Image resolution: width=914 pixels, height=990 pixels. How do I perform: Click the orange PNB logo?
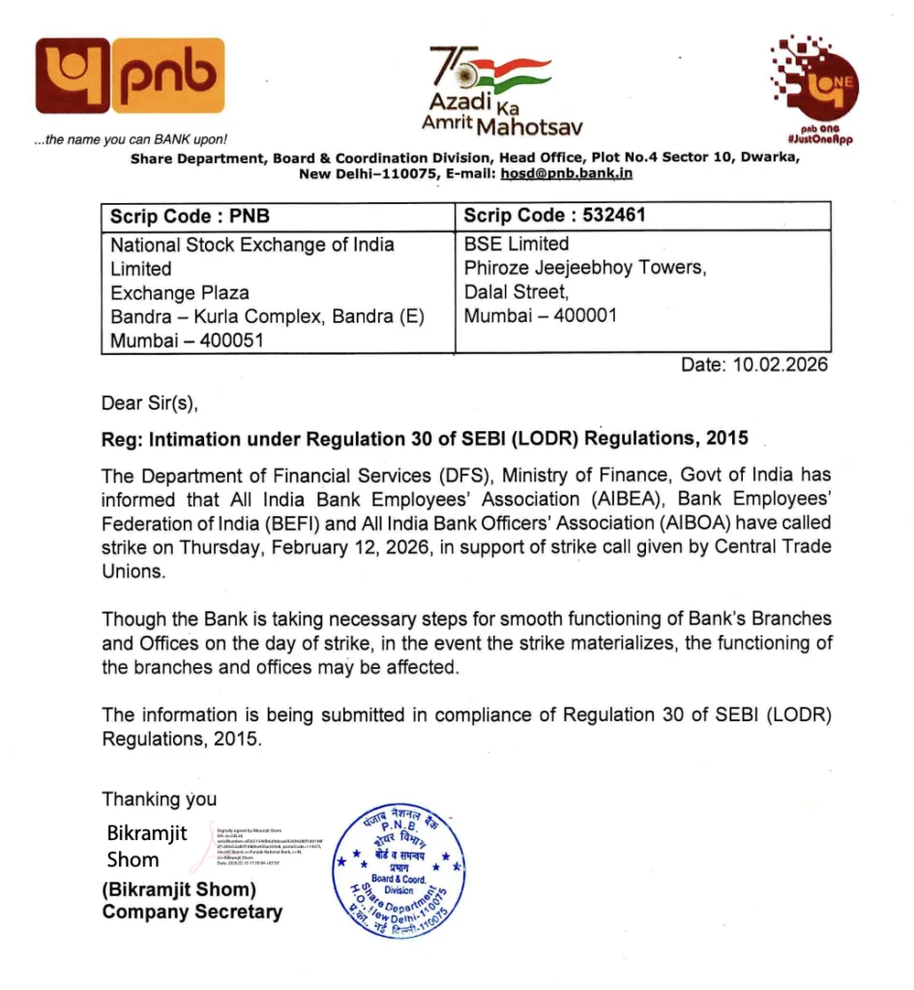(130, 76)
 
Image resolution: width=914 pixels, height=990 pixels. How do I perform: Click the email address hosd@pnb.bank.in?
(566, 173)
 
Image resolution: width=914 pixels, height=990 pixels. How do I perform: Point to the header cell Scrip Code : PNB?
(191, 216)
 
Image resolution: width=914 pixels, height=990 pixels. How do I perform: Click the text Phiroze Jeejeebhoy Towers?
(584, 268)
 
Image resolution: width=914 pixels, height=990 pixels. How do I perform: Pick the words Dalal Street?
(516, 292)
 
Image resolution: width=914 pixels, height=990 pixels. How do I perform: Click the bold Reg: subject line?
(425, 438)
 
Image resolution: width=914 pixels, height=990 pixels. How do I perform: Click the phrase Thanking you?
(160, 799)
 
